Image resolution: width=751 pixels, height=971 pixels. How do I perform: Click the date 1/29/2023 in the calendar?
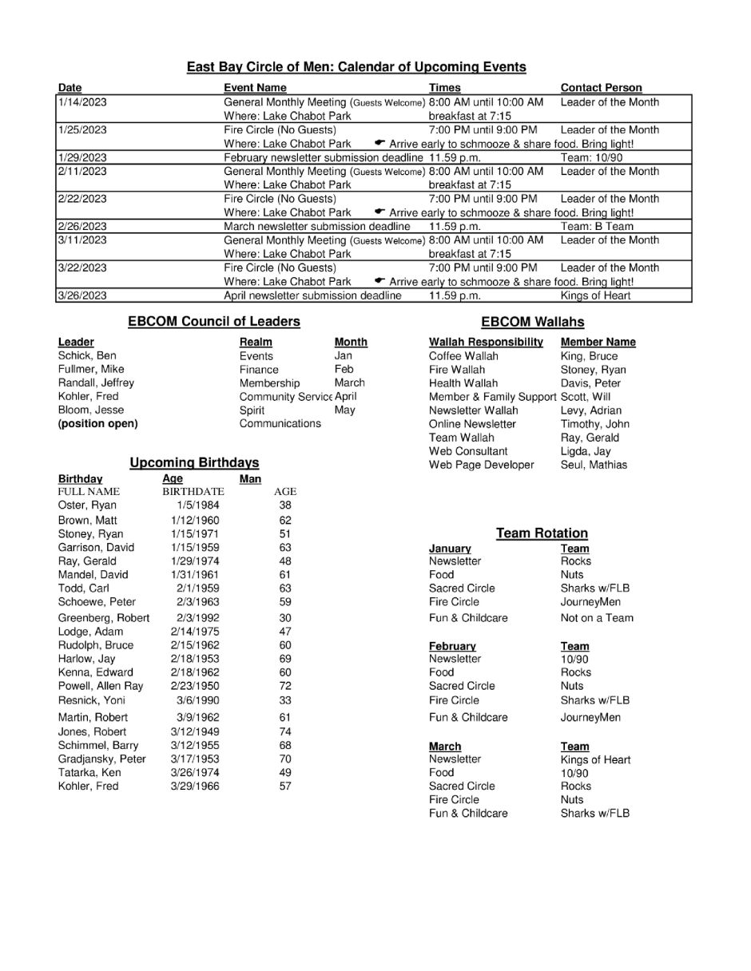[82, 158]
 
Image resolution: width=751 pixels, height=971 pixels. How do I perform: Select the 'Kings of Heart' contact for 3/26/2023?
[595, 295]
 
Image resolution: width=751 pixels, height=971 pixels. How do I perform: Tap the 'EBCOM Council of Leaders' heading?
[214, 322]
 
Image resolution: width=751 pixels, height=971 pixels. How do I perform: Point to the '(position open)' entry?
[97, 424]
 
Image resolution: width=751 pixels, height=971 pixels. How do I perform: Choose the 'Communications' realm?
[280, 424]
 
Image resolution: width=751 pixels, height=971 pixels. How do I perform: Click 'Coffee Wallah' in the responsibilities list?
[463, 356]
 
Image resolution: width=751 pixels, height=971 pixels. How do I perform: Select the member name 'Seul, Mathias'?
[594, 465]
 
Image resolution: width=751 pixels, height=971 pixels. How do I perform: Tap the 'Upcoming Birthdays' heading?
[194, 462]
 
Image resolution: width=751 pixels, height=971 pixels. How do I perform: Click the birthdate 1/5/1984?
[199, 505]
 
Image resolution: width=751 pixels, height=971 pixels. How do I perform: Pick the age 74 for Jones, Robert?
[285, 732]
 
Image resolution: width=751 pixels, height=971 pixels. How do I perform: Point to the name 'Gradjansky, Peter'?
[102, 759]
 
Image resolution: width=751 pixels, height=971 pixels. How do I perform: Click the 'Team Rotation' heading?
[542, 533]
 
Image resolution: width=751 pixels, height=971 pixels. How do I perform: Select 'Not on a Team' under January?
[597, 618]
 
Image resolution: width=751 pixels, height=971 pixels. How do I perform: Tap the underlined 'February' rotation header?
[452, 646]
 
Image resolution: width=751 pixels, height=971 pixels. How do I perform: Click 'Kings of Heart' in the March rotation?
[596, 760]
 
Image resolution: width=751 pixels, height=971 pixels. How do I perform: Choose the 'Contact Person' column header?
[601, 88]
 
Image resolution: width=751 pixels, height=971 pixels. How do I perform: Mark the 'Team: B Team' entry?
[597, 227]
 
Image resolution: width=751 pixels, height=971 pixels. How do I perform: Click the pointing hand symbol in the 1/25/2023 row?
[380, 143]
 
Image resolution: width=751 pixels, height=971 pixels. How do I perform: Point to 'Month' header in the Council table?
[351, 342]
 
